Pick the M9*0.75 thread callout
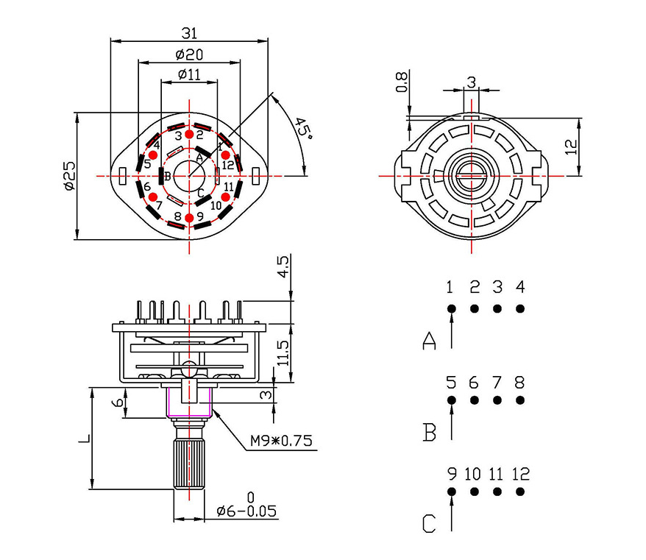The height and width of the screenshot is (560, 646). point(281,441)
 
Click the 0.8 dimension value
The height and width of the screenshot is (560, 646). point(401,82)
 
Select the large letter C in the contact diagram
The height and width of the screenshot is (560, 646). point(430,523)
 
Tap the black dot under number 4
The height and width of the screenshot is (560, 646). point(520,308)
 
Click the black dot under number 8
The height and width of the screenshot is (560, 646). point(520,400)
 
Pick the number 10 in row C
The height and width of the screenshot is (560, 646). point(474,474)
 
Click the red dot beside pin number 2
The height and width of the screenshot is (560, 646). point(189,135)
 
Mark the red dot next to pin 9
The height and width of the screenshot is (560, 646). point(190,217)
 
